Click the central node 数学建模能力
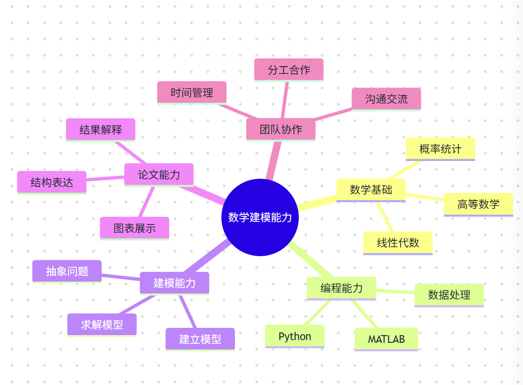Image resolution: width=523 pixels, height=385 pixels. click(260, 217)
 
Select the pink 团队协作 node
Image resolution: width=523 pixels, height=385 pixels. click(281, 129)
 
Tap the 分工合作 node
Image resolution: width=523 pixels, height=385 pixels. click(288, 69)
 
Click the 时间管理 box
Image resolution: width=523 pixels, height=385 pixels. click(192, 93)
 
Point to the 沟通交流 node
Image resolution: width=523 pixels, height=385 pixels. click(386, 99)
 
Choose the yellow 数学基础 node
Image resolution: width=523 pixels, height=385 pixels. click(371, 190)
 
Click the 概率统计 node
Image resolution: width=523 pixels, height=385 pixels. click(440, 149)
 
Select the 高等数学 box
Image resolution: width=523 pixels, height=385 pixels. click(478, 204)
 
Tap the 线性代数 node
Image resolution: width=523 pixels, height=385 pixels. click(398, 243)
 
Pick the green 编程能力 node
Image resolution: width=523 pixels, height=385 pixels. click(342, 288)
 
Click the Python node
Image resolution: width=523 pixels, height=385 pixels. click(295, 336)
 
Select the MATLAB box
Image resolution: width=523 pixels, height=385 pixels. click(386, 339)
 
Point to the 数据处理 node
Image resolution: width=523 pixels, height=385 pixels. click(449, 295)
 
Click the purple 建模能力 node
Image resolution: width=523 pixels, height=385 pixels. click(175, 283)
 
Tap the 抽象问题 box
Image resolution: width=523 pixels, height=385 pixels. click(67, 271)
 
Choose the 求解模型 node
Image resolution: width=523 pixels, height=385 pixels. click(102, 325)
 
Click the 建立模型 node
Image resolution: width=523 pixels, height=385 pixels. click(200, 339)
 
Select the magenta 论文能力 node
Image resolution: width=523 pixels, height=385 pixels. click(159, 175)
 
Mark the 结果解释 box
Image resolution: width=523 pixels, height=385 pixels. click(101, 130)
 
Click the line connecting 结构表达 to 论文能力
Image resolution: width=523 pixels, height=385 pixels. click(105, 179)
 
